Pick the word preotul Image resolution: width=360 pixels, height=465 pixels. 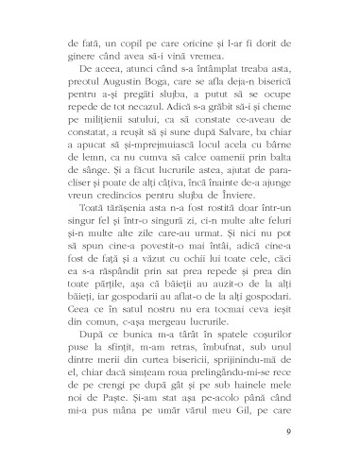point(78,84)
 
